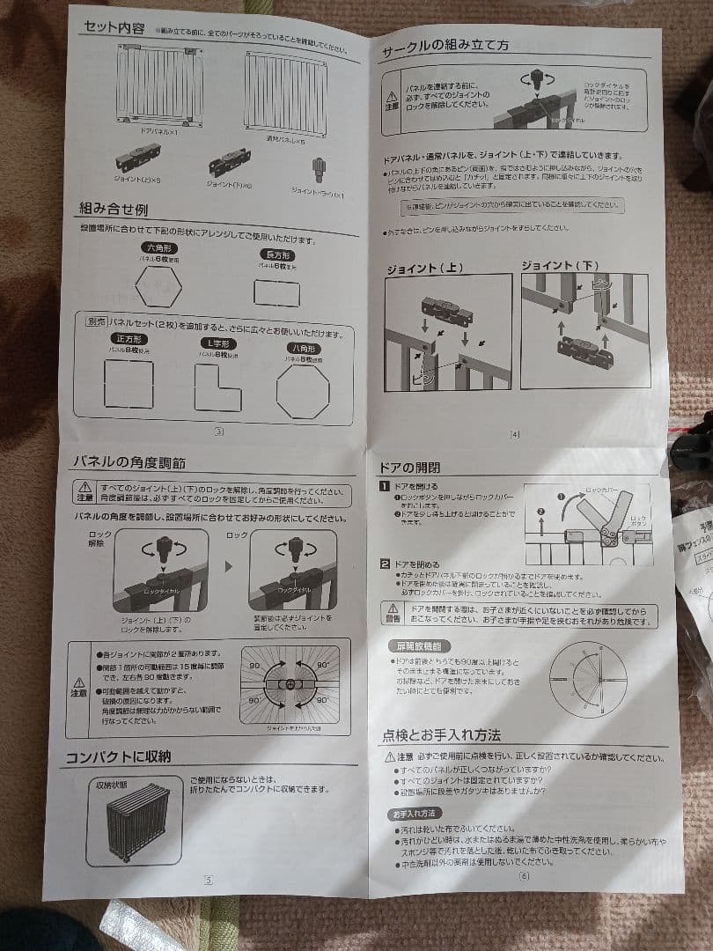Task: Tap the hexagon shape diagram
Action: (163, 286)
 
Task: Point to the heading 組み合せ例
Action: (114, 210)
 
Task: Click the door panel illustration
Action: (161, 85)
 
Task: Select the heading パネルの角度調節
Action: (129, 462)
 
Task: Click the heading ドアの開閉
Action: (410, 468)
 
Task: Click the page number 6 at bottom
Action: (525, 875)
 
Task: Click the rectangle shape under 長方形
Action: (276, 292)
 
